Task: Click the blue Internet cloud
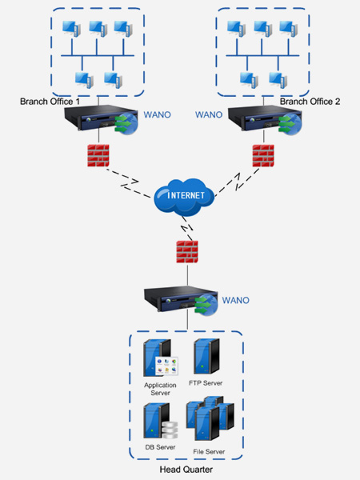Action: pos(184,197)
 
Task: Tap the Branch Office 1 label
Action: pos(50,102)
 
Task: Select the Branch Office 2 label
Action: pos(310,102)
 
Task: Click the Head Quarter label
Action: pos(186,470)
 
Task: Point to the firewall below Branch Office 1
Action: pos(98,155)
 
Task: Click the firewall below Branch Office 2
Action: pos(263,155)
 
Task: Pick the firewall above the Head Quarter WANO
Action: pos(187,252)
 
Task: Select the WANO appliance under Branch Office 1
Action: pos(101,119)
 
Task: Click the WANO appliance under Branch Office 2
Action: pos(265,119)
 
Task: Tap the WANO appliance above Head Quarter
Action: pos(181,301)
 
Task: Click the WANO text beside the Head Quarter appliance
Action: pos(235,300)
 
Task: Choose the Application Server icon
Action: pos(161,358)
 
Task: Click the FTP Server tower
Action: pos(206,356)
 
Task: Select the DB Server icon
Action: pos(161,422)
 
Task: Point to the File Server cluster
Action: pos(210,418)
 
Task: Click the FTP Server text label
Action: pos(206,383)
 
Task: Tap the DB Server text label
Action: pos(160,447)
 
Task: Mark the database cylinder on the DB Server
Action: pos(170,430)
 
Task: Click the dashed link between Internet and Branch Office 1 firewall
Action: pos(129,182)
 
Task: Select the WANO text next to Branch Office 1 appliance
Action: pos(158,114)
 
